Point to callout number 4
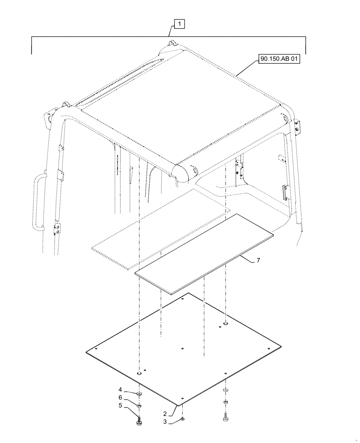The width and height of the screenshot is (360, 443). (x=120, y=390)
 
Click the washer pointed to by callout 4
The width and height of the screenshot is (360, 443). (x=139, y=393)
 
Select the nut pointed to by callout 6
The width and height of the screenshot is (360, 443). (x=139, y=405)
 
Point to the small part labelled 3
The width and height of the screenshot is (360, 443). (x=183, y=419)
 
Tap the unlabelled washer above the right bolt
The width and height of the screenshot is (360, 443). (x=226, y=390)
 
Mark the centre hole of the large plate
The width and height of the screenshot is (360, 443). (x=183, y=348)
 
